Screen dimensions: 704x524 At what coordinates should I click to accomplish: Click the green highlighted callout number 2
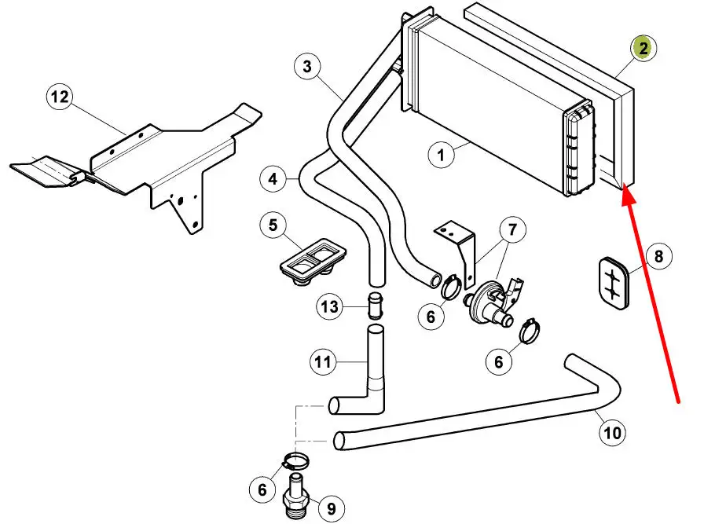click(x=643, y=49)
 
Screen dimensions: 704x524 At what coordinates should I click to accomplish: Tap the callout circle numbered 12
click(x=60, y=97)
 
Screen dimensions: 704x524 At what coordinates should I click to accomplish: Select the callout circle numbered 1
click(x=441, y=156)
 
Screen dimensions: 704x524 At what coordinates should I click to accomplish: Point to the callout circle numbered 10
click(x=612, y=433)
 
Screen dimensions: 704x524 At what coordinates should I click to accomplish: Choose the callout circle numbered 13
click(x=329, y=307)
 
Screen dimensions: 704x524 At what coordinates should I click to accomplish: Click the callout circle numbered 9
click(x=332, y=509)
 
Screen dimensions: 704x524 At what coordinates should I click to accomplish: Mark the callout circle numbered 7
click(x=513, y=230)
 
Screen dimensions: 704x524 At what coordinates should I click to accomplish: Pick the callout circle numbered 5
click(x=273, y=225)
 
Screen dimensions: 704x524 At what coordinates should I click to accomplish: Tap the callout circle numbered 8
click(x=658, y=256)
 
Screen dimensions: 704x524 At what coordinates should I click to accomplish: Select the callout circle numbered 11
click(x=323, y=361)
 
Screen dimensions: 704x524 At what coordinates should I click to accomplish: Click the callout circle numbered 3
click(x=307, y=67)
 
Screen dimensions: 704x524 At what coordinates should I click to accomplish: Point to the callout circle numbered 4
click(x=273, y=179)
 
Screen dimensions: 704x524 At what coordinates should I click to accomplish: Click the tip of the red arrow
click(x=623, y=189)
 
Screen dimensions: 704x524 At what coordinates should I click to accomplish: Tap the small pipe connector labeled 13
click(x=375, y=306)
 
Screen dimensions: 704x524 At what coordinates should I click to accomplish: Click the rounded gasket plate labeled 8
click(x=614, y=284)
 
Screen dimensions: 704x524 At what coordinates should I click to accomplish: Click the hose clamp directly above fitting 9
click(x=296, y=460)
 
